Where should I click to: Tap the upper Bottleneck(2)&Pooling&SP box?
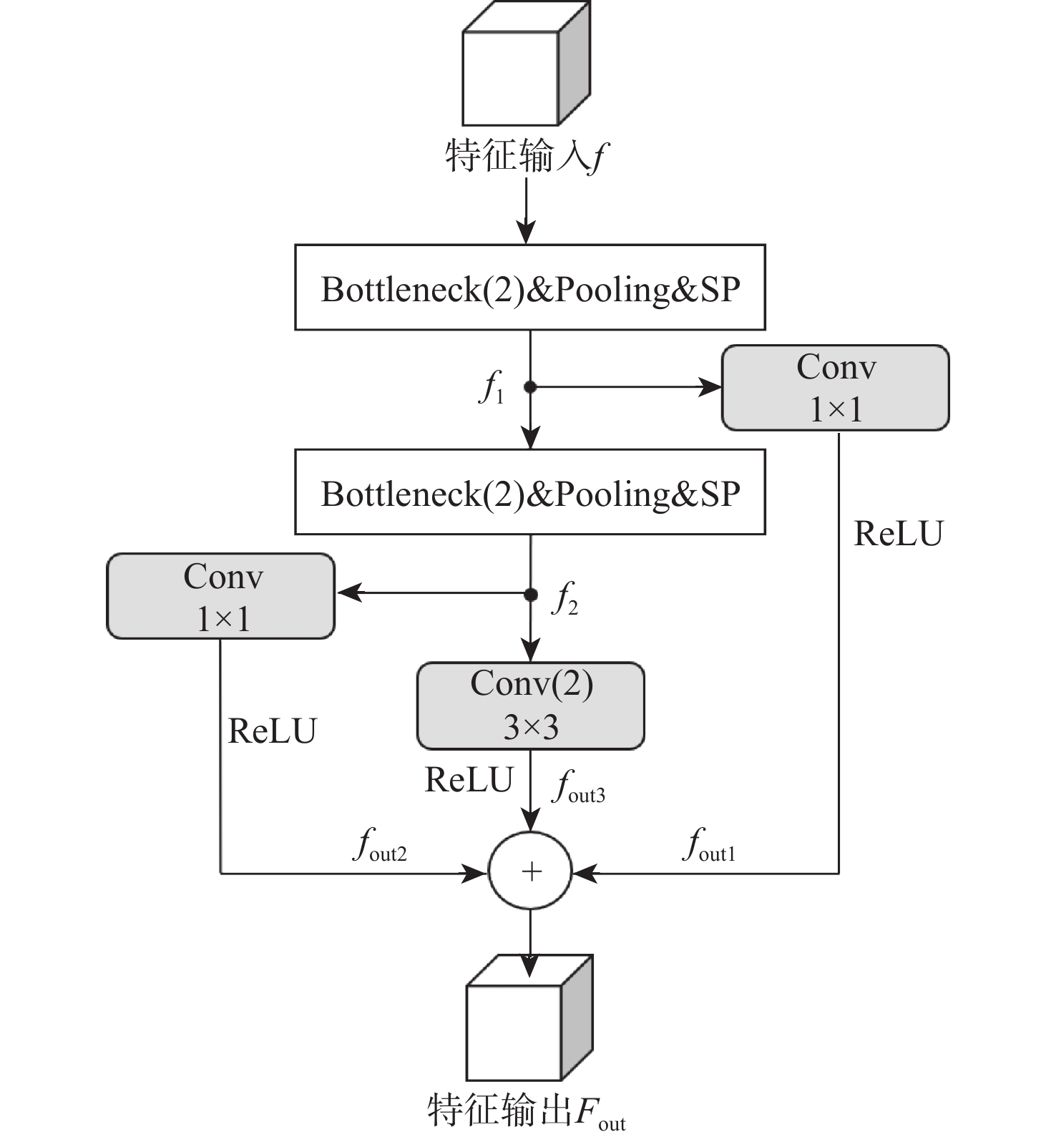(x=530, y=288)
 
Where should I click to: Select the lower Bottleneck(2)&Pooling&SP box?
(x=530, y=492)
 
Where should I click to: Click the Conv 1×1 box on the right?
(x=835, y=388)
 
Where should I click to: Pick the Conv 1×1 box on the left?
(x=221, y=596)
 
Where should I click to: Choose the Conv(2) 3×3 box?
(x=530, y=706)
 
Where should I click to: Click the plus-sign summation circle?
(x=530, y=871)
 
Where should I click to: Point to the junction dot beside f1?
(x=530, y=387)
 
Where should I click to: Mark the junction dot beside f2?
(x=530, y=595)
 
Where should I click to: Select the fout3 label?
(x=579, y=786)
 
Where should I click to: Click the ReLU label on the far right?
(x=899, y=534)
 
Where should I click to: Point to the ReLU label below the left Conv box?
(x=272, y=731)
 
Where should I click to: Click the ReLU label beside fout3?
(x=469, y=780)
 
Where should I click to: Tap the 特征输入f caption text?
(x=526, y=156)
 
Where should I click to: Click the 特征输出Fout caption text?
(x=526, y=1111)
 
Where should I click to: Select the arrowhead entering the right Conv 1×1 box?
(x=711, y=387)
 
